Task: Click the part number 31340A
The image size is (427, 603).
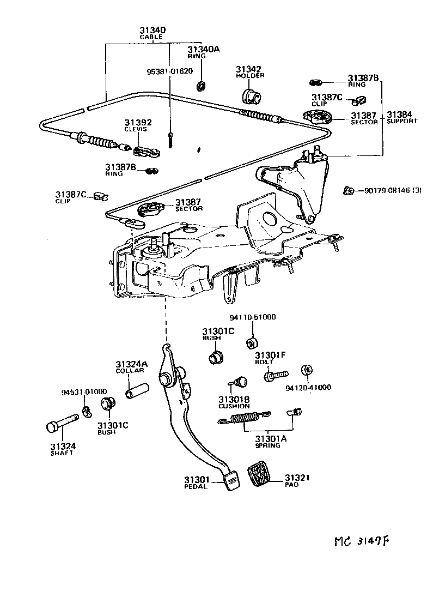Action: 204,49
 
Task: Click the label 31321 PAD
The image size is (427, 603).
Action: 297,480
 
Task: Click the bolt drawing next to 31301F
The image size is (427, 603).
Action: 277,376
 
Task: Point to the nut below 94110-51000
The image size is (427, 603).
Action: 252,343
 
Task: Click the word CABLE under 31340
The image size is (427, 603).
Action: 151,37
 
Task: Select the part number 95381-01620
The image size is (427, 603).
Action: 169,71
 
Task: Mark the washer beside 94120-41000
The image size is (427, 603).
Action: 307,371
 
